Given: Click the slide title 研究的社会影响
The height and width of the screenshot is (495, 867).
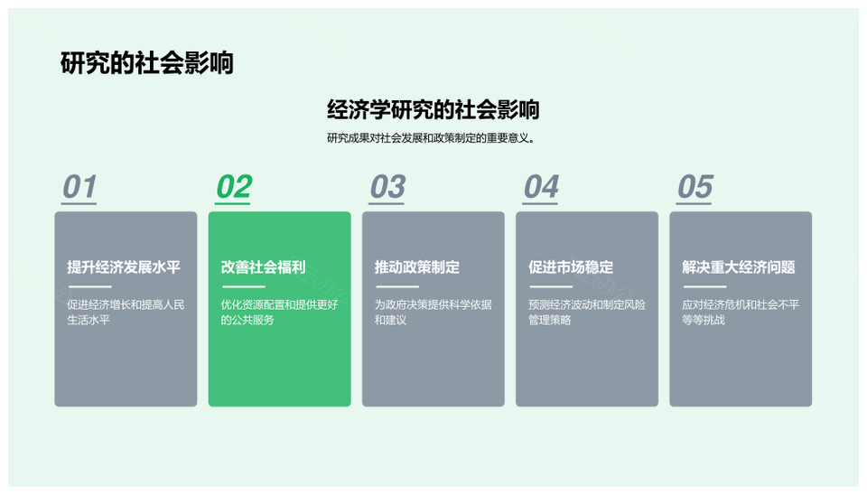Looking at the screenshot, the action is (147, 63).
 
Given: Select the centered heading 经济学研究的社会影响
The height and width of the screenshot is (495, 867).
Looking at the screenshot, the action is (433, 109).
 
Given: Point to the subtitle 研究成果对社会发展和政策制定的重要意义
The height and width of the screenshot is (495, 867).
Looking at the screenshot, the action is (431, 137).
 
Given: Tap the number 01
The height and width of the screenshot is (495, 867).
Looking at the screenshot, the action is (79, 186).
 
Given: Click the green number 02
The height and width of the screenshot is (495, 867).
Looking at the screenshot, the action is (233, 186).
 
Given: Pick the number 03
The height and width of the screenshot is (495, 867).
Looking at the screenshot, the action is (387, 186).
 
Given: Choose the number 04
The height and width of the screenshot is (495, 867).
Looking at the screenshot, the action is (541, 186).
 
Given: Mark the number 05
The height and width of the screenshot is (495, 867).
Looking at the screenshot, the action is (695, 186).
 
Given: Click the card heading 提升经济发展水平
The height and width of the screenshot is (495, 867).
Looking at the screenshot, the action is (124, 267).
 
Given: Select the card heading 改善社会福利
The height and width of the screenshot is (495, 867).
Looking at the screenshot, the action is (263, 267).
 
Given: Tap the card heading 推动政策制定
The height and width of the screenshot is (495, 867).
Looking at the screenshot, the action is (417, 267).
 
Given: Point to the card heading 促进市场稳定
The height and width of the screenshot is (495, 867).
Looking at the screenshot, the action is (571, 267).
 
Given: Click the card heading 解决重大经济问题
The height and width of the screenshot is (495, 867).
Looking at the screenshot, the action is (739, 267).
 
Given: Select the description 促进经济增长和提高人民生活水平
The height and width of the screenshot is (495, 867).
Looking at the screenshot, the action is (126, 312).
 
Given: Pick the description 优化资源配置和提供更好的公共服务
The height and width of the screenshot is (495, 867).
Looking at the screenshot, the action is (279, 312).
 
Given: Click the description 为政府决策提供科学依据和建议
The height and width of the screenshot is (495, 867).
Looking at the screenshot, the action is (433, 312).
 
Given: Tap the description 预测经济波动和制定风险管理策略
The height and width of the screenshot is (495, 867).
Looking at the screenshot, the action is (587, 312).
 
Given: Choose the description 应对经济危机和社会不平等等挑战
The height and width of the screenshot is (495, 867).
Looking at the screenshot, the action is (741, 312).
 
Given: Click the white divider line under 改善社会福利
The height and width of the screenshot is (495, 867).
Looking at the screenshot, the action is (244, 286).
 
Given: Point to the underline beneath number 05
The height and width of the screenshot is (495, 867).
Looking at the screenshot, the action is (695, 203).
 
